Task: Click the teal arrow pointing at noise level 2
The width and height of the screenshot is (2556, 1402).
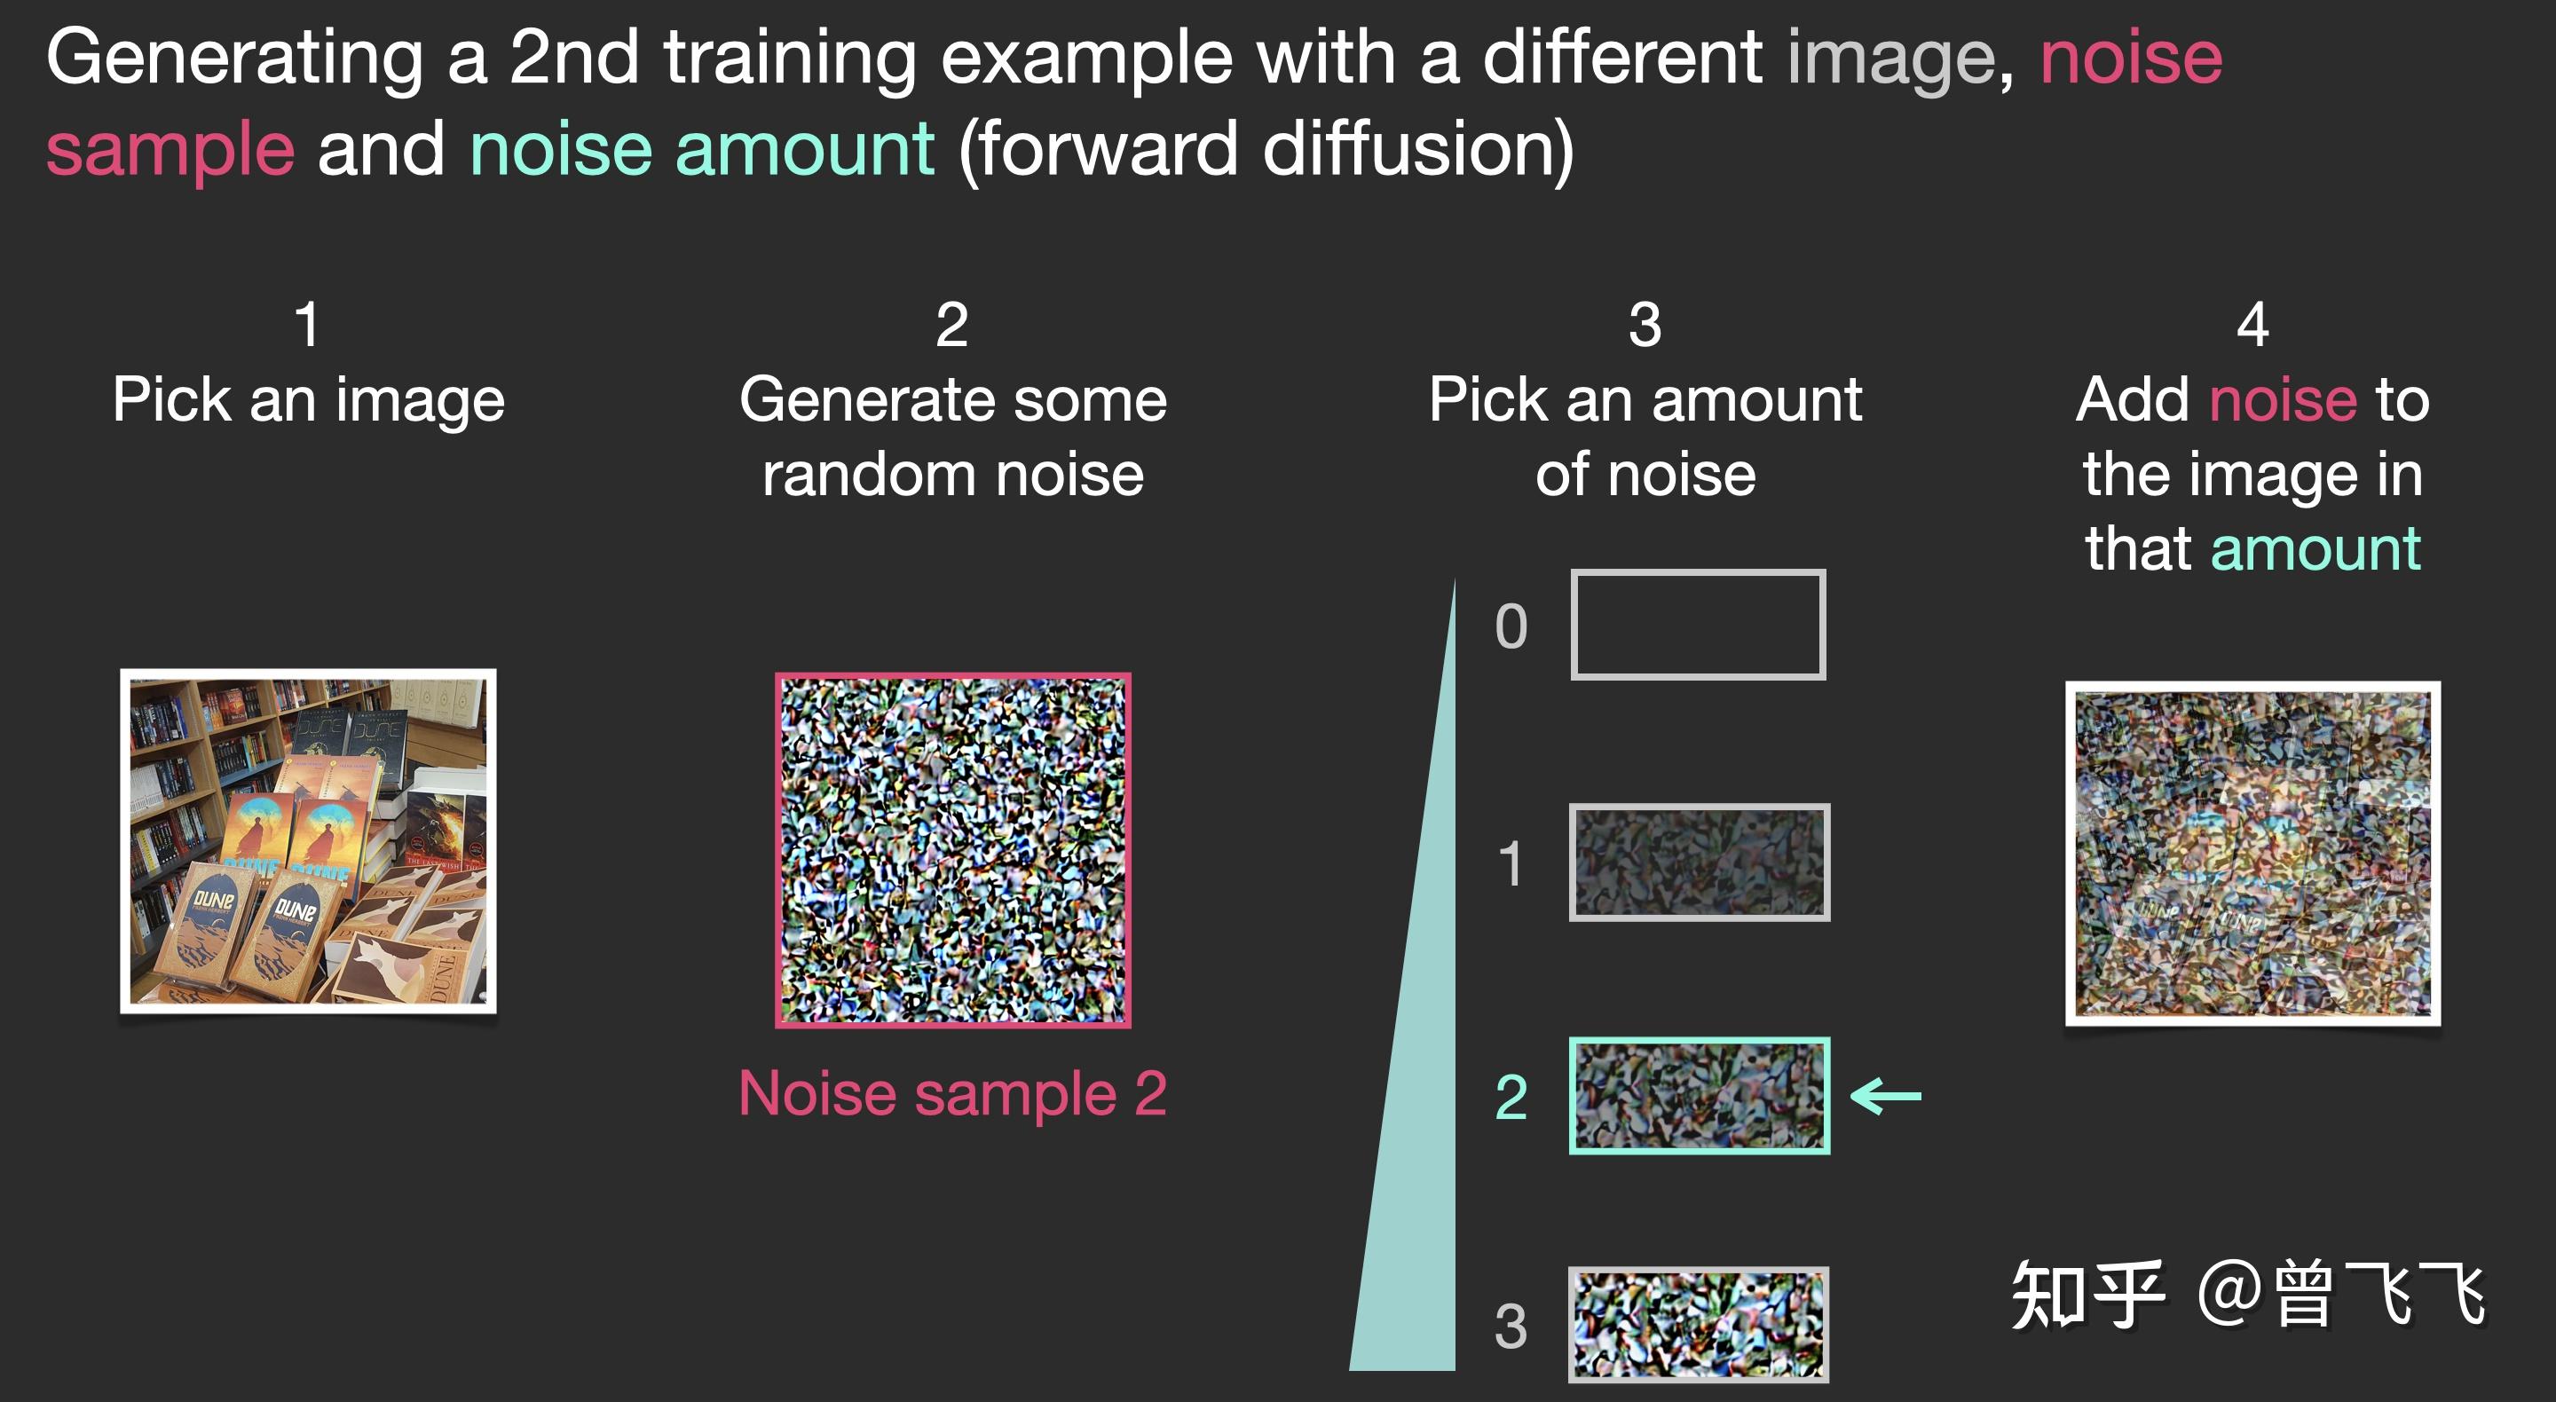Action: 1886,1097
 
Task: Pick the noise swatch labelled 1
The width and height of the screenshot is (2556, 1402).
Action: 1699,862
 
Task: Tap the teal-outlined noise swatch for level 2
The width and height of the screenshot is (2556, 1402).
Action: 1699,1095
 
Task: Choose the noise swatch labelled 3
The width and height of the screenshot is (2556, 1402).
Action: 1698,1325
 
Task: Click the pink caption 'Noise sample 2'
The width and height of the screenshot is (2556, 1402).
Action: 952,1093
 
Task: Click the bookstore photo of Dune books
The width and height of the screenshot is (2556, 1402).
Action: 309,840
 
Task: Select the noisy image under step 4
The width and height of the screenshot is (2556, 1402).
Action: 2252,854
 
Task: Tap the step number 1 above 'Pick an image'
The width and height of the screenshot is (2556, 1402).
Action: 308,325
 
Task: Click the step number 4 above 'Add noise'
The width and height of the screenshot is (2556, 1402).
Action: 2252,325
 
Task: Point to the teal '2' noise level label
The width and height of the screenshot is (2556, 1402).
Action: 1511,1098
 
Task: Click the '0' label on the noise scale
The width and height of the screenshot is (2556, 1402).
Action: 1511,626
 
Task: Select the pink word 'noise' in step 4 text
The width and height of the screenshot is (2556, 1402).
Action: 2282,400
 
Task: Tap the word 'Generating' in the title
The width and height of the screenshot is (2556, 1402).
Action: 235,59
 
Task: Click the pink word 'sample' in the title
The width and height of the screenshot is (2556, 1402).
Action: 170,151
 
